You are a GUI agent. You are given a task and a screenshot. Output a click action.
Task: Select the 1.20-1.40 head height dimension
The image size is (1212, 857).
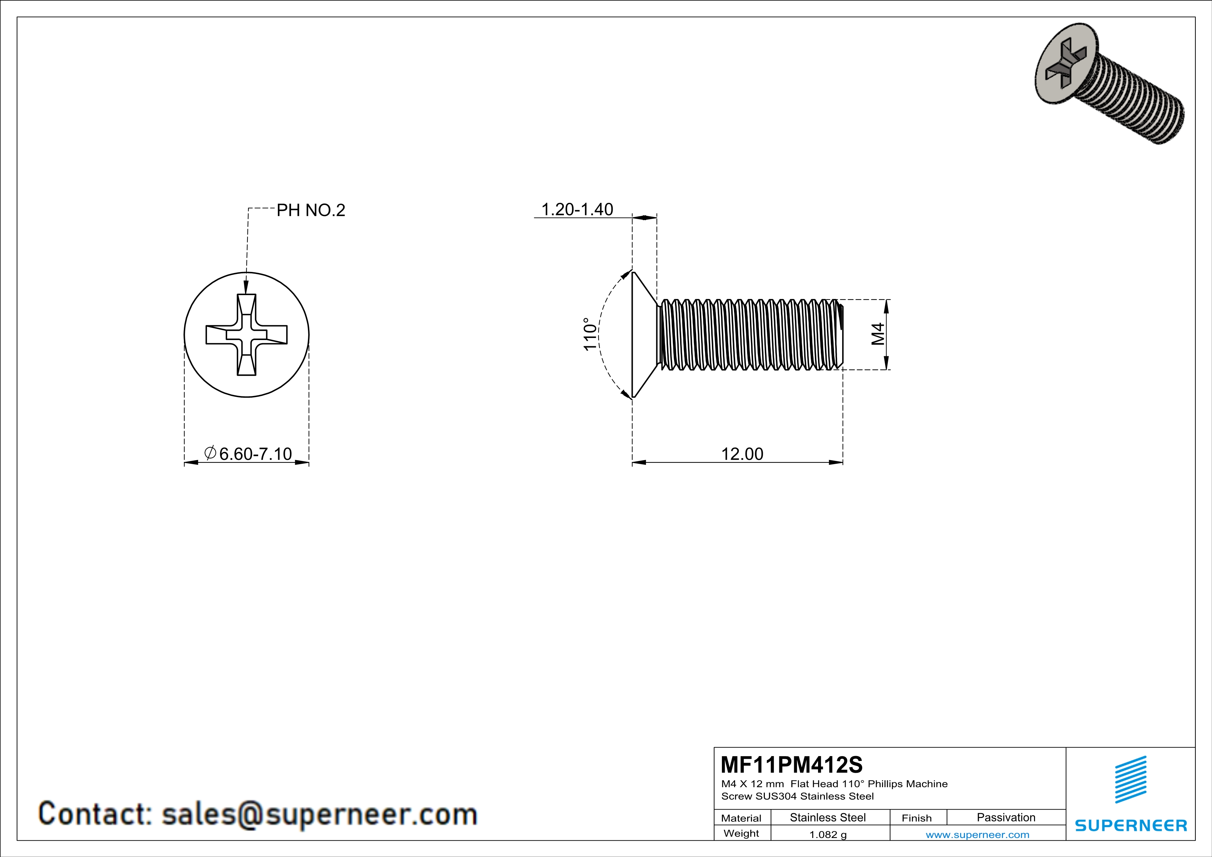click(x=577, y=209)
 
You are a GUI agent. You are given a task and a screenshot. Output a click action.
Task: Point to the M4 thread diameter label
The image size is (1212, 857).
click(x=877, y=334)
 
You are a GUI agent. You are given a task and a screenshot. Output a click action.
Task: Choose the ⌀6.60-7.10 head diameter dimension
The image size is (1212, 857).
click(x=248, y=453)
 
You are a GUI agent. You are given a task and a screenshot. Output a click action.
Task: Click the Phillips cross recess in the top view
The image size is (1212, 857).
click(x=246, y=335)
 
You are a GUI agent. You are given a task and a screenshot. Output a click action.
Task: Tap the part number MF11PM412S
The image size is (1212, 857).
click(x=791, y=764)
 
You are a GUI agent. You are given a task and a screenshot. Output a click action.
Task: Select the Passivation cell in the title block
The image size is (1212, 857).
click(x=1006, y=817)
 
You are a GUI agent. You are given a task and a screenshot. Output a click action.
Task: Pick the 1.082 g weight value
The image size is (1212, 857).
click(x=828, y=834)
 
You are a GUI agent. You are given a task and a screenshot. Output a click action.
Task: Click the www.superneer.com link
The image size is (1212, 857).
click(x=977, y=834)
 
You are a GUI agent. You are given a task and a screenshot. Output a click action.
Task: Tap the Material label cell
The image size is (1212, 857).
click(x=741, y=818)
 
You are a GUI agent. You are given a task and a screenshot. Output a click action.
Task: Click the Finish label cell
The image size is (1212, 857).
click(x=917, y=818)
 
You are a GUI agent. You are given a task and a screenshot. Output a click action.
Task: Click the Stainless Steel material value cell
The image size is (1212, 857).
click(x=827, y=817)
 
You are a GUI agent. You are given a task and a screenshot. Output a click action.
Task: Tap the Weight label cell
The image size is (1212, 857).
click(x=741, y=833)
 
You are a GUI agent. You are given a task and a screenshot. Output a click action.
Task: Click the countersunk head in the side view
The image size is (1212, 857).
click(x=644, y=335)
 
